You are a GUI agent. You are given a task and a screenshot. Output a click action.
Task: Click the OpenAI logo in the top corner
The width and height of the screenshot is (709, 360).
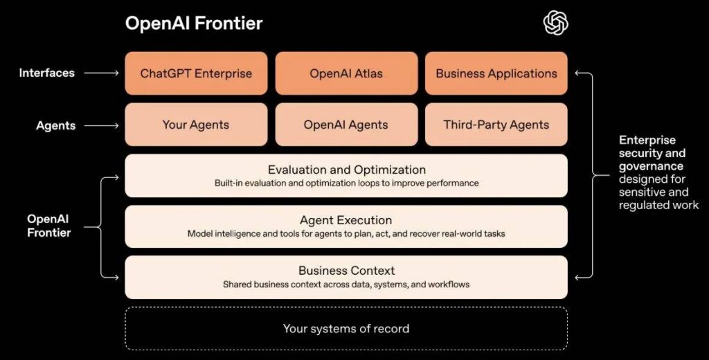(555, 23)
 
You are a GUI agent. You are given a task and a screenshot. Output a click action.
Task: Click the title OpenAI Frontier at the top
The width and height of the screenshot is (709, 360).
(194, 23)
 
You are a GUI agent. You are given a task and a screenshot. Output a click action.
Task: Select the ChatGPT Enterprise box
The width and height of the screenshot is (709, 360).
(196, 73)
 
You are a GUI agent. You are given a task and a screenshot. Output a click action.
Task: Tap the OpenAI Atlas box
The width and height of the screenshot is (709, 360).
(346, 73)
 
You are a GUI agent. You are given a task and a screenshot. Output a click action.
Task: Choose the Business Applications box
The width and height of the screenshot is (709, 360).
(496, 73)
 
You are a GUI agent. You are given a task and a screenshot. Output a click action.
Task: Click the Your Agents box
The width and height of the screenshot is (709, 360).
(196, 125)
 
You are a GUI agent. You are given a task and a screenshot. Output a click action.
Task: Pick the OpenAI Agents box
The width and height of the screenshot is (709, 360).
(346, 125)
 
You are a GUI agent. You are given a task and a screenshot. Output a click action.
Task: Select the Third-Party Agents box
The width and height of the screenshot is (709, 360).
(496, 125)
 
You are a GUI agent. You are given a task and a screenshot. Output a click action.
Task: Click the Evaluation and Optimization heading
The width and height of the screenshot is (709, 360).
(346, 170)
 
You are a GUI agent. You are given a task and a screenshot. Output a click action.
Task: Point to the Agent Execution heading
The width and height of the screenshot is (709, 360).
(346, 220)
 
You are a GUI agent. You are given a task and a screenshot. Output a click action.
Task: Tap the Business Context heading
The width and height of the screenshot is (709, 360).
(346, 271)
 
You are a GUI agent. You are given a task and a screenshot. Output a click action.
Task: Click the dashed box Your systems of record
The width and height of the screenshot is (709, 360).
(346, 328)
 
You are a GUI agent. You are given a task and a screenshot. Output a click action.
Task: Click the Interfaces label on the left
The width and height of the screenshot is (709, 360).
(47, 73)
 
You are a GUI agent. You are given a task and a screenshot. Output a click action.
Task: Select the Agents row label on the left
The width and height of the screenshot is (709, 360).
(56, 125)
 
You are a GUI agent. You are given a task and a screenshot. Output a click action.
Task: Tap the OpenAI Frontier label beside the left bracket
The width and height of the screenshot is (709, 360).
(49, 226)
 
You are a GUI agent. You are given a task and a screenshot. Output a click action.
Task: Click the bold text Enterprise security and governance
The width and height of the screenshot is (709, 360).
(652, 153)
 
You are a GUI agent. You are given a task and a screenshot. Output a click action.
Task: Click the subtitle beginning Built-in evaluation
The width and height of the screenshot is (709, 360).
(346, 183)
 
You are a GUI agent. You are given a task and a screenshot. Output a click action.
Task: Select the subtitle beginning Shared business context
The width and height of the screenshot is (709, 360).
(346, 285)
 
